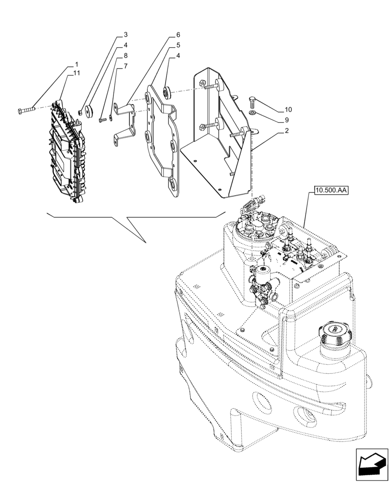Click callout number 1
click(x=76, y=64)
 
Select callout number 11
click(x=77, y=73)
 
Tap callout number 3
click(x=125, y=35)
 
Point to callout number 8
click(x=125, y=56)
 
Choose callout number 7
click(x=125, y=66)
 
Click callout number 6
click(x=178, y=35)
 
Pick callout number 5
click(x=178, y=45)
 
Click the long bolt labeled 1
click(x=27, y=111)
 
